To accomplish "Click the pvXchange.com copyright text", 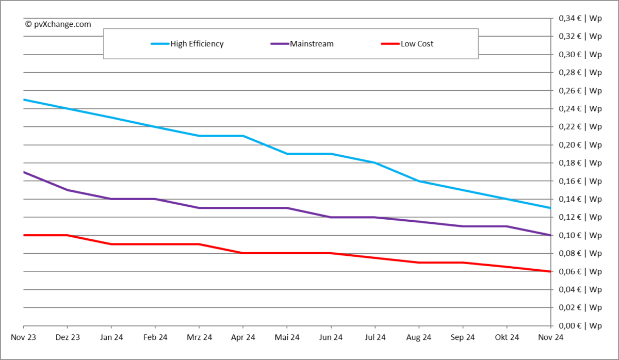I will (58, 24).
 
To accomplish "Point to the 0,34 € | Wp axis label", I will (580, 19).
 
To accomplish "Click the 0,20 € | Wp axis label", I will (580, 145).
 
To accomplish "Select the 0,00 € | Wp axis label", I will (580, 326).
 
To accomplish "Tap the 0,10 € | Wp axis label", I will (580, 235).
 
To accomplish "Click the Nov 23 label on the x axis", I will (24, 337).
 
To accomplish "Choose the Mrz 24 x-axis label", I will (199, 337).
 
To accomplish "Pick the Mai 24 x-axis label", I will (287, 337).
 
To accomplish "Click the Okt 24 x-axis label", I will (507, 337).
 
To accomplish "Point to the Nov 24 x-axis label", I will (550, 337).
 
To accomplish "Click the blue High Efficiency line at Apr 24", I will (243, 136).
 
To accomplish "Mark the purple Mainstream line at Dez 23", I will (68, 190).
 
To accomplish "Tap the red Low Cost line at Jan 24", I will (111, 244).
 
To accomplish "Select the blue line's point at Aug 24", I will (419, 181).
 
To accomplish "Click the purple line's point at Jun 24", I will (331, 217).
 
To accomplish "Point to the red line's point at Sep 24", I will (463, 263).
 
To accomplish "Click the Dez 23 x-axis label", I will (68, 337).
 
